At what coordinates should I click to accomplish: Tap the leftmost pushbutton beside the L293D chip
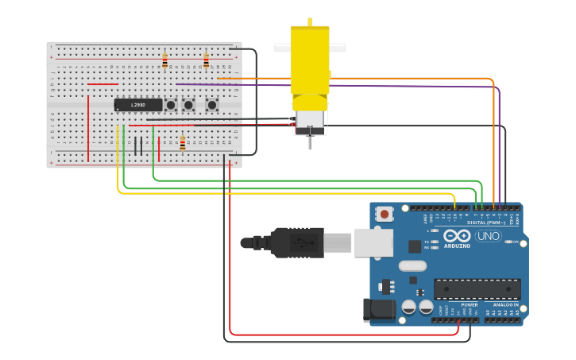click(x=171, y=105)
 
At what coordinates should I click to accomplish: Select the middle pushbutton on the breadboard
click(x=189, y=105)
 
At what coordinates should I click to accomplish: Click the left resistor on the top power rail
click(x=165, y=61)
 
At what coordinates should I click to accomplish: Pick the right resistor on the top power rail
click(x=207, y=61)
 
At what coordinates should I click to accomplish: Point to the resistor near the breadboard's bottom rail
click(x=183, y=143)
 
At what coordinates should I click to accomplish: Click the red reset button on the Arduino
click(x=385, y=213)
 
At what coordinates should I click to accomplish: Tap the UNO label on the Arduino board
click(x=488, y=236)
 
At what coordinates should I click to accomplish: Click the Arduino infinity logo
click(x=457, y=236)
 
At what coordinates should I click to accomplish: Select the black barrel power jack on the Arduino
click(x=378, y=311)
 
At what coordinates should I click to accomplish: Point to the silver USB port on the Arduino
click(x=373, y=242)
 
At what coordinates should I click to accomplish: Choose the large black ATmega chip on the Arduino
click(x=477, y=288)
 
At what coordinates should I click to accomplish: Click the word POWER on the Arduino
click(x=469, y=304)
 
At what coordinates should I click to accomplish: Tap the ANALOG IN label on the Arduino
click(x=504, y=304)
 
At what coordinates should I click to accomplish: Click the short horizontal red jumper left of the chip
click(x=102, y=84)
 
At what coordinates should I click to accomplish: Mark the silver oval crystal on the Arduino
click(x=412, y=266)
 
